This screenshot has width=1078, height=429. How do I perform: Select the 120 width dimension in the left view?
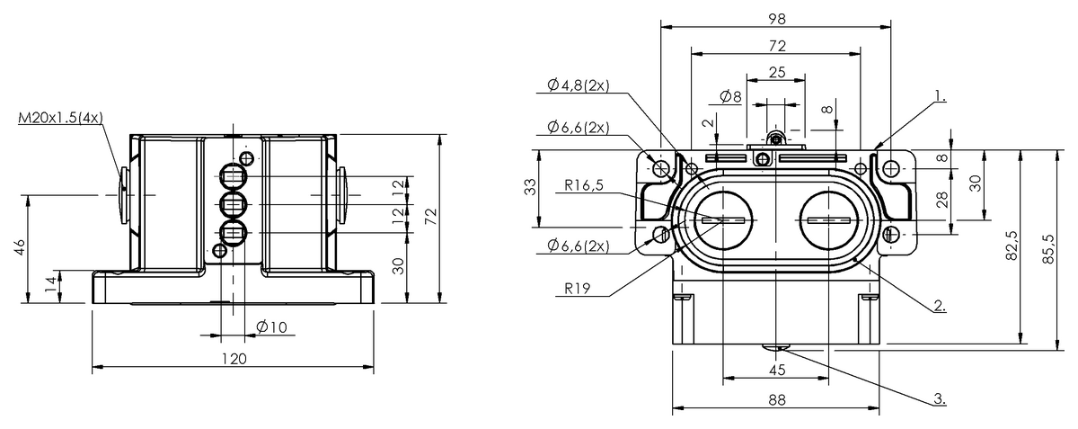click(234, 358)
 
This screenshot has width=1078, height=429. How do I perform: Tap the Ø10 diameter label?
click(271, 327)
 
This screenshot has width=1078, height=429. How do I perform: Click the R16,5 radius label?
click(583, 187)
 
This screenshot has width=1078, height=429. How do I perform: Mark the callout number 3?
click(939, 397)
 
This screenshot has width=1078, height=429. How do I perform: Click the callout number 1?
click(939, 94)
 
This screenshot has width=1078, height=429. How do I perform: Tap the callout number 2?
click(939, 306)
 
